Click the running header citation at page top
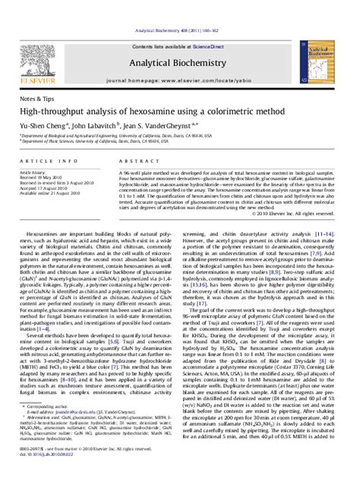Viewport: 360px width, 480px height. coord(179,7)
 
